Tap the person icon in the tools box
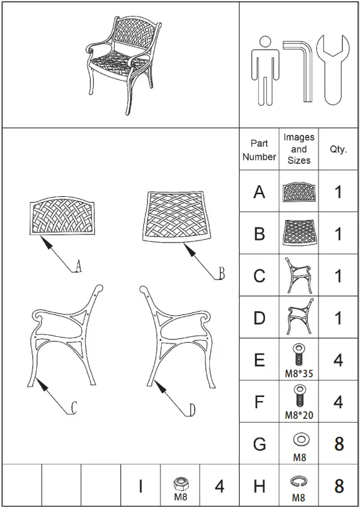point(266,69)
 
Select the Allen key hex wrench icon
point(301,66)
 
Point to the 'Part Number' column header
point(259,150)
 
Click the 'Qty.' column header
point(338,150)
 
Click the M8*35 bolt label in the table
point(299,373)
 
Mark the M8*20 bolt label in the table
point(299,416)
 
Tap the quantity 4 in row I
point(219,487)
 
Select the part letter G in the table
point(259,444)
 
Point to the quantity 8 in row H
point(339,487)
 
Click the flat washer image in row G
point(299,439)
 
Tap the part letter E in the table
point(259,360)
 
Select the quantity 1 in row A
point(339,192)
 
